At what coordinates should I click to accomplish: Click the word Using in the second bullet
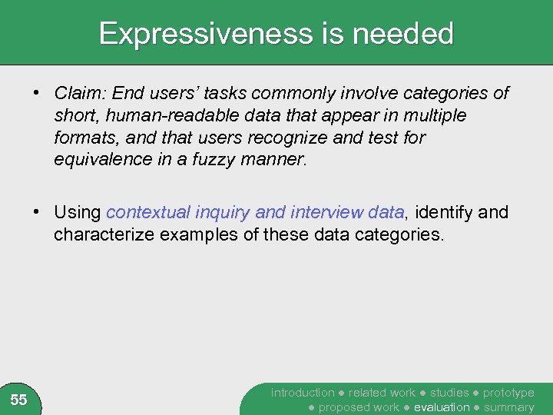(78, 212)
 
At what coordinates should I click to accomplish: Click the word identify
(442, 212)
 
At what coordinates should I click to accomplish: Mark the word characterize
(104, 234)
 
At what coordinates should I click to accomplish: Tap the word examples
(194, 234)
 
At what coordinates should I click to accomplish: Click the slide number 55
(19, 400)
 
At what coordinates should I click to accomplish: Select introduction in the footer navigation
(303, 393)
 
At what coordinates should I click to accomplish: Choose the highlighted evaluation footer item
(442, 407)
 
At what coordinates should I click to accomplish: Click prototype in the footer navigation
(508, 393)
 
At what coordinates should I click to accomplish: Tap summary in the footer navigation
(508, 407)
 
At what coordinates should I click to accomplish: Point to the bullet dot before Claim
(37, 94)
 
